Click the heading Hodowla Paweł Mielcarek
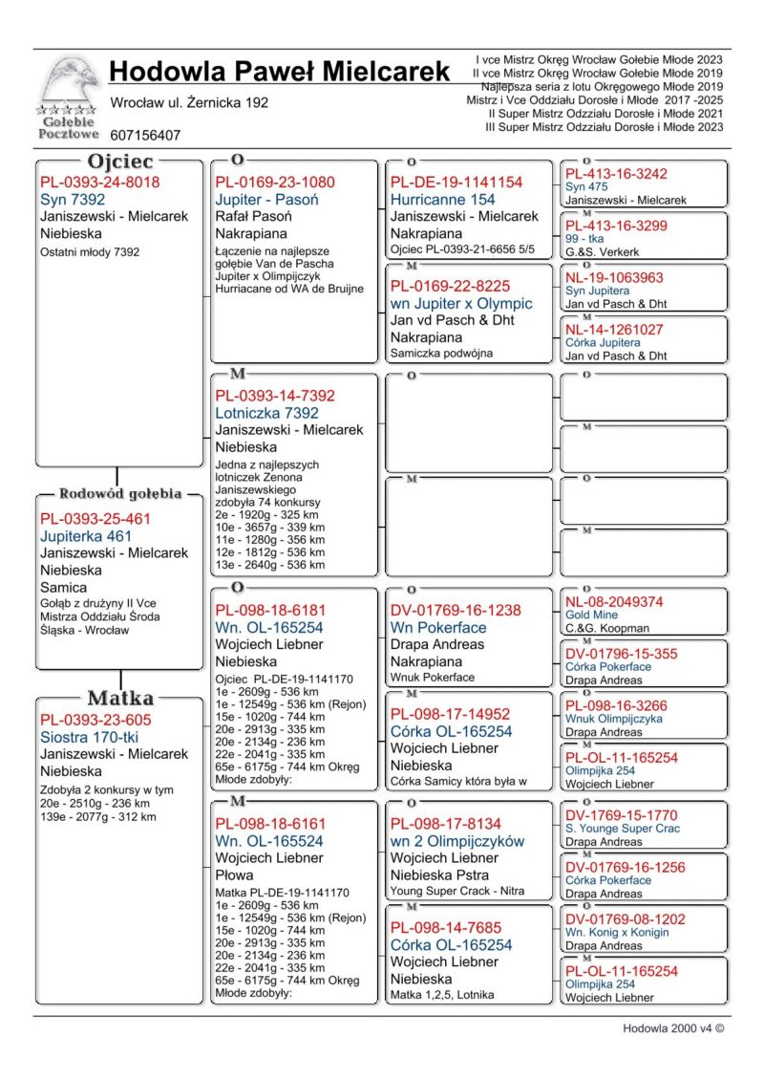pos(279,72)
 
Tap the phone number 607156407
pos(145,136)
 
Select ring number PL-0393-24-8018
pos(99,183)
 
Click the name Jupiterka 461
pos(86,536)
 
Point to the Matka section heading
pos(120,698)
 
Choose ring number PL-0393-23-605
pos(95,720)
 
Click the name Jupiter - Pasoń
pos(266,200)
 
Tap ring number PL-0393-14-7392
pos(275,396)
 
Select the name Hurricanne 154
pos(443,200)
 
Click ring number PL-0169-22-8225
pos(450,286)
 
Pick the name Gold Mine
pos(591,616)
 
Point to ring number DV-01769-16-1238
pos(456,611)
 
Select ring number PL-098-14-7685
pos(446,927)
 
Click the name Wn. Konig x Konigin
pos(617,933)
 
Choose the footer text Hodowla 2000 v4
pos(672,1028)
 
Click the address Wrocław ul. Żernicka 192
pos(189,102)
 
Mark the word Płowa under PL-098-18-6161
pos(234,875)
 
